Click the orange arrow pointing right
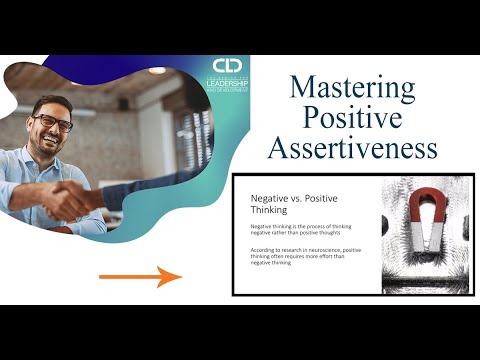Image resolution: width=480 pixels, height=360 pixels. click(x=140, y=275)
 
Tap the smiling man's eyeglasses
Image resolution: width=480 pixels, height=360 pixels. click(x=51, y=123)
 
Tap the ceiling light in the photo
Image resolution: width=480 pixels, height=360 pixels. click(x=157, y=71)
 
